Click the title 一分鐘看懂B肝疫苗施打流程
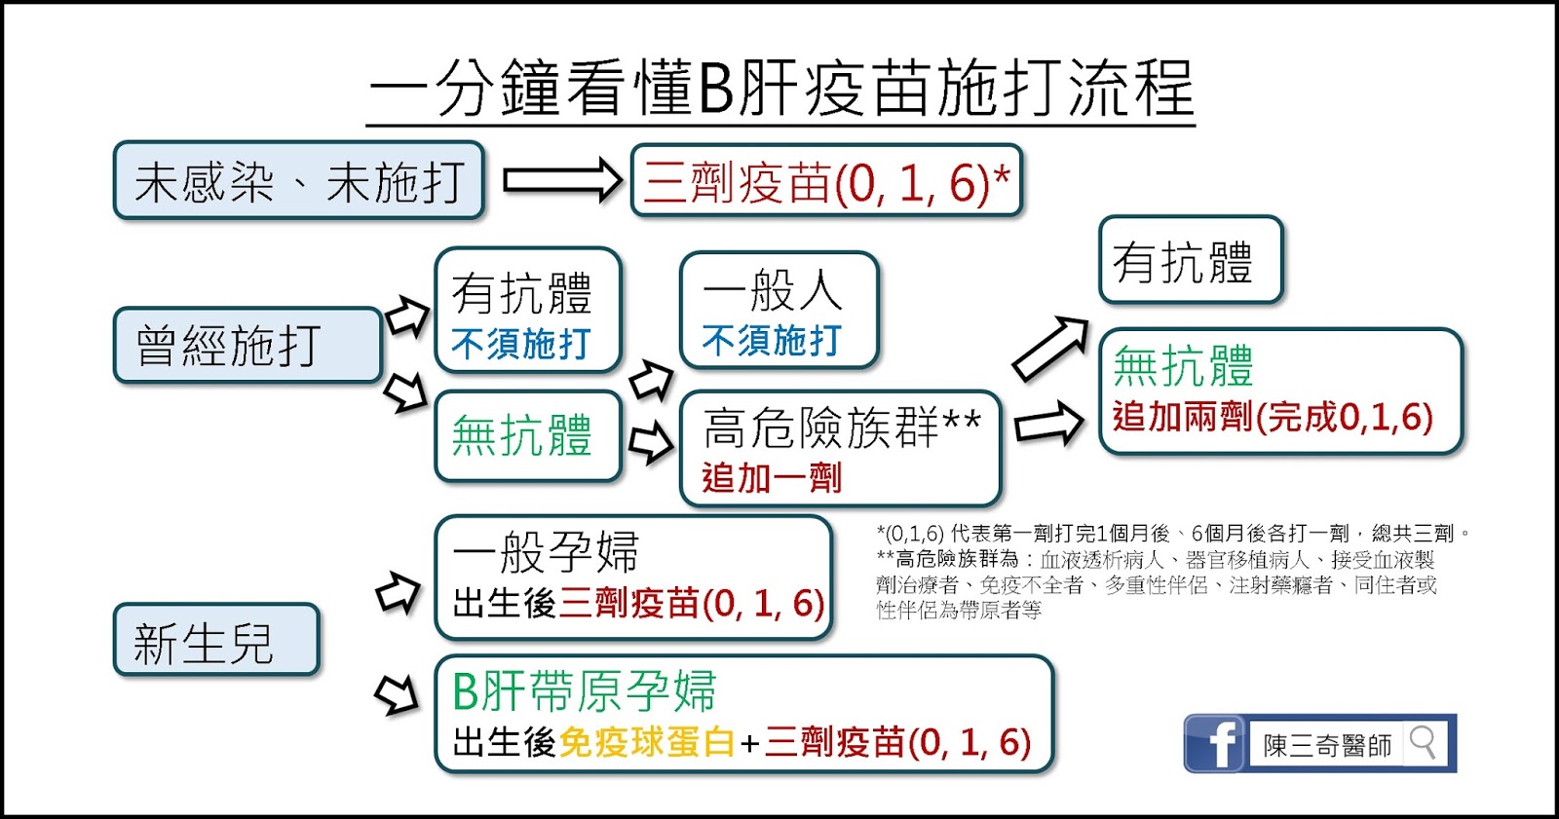tap(780, 89)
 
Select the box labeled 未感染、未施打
tap(298, 181)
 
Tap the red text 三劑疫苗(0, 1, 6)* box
tap(826, 182)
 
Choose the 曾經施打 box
tap(247, 346)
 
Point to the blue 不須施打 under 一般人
tap(771, 341)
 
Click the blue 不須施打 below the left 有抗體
tap(521, 344)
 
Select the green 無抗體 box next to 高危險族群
tap(527, 435)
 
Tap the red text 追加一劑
tap(771, 478)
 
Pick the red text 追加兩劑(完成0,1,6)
tap(1273, 417)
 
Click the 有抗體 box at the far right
tap(1190, 261)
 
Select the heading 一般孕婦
tap(547, 552)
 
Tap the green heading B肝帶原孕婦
tap(585, 692)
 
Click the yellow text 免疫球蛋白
tap(647, 743)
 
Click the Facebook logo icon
tap(1214, 744)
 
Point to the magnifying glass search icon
tap(1423, 743)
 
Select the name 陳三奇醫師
tap(1327, 745)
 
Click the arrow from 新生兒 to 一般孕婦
tap(398, 592)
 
